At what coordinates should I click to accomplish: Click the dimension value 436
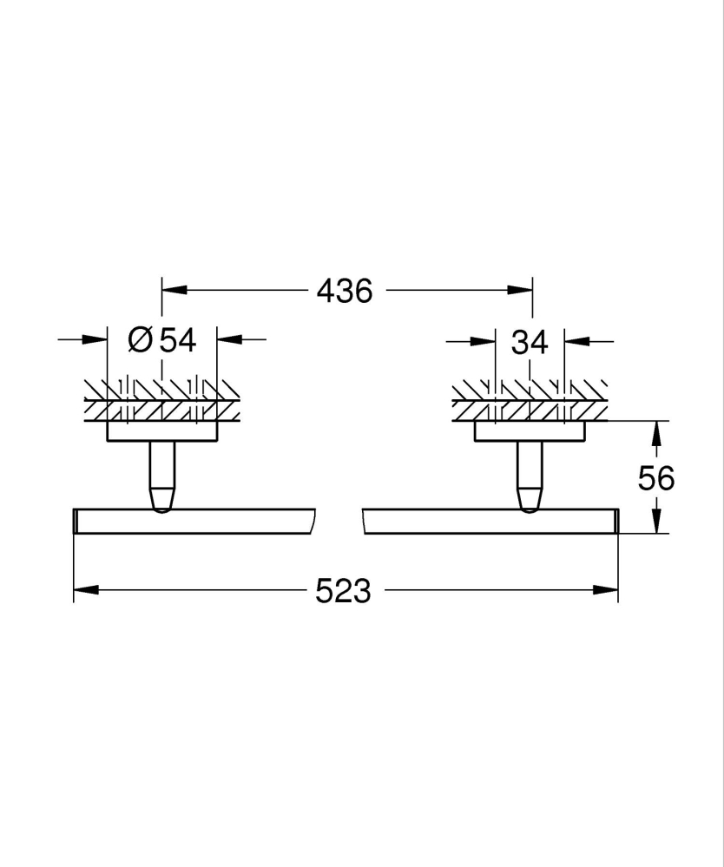click(344, 291)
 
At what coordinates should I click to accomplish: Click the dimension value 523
click(343, 591)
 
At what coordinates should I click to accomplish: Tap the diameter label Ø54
click(162, 340)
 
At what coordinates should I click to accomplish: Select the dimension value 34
click(530, 342)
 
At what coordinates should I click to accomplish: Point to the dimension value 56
click(656, 477)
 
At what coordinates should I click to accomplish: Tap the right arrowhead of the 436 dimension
click(522, 291)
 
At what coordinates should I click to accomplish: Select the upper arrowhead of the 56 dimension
click(657, 431)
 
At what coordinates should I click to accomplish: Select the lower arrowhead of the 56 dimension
click(657, 522)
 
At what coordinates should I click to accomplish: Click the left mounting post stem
click(162, 473)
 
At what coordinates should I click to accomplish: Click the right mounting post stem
click(530, 473)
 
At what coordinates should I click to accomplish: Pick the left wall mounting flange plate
click(162, 431)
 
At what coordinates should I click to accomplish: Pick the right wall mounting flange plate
click(530, 431)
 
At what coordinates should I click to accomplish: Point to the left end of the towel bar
click(76, 522)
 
